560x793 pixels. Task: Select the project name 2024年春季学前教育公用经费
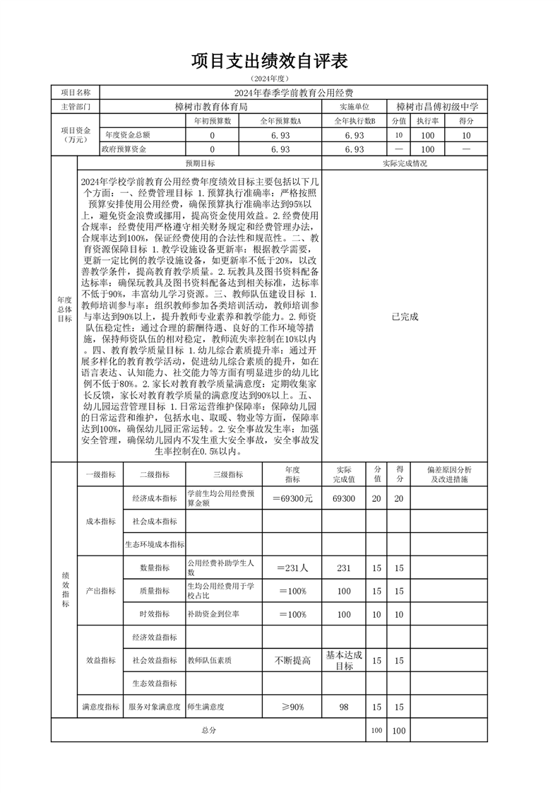294,93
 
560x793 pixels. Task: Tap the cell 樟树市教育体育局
211,107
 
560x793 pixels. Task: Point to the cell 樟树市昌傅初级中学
438,107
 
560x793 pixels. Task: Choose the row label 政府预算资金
124,149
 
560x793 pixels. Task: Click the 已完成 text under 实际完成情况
405,317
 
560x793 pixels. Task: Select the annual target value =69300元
292,498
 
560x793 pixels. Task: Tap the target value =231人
292,568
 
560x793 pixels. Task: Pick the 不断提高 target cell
292,660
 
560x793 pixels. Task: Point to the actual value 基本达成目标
344,660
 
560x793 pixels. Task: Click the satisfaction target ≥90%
292,706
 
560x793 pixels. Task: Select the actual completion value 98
344,706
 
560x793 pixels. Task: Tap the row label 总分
208,729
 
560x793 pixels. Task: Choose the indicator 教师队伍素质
210,660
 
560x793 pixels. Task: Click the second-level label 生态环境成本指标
155,544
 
